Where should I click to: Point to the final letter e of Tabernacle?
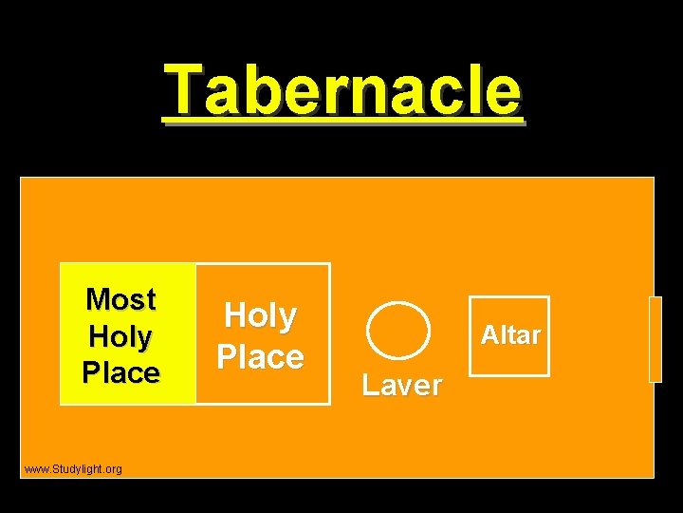[503, 93]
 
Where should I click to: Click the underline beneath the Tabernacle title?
[341, 121]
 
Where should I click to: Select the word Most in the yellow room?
[120, 299]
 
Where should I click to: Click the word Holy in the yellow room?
[120, 336]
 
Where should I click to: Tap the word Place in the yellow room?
[120, 371]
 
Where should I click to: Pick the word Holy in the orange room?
[260, 315]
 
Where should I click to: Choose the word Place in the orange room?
[260, 357]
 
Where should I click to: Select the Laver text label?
[402, 385]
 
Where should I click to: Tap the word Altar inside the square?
[510, 334]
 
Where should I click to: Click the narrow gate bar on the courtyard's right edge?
[655, 339]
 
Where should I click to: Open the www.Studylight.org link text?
[73, 469]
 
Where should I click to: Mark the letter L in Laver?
[370, 385]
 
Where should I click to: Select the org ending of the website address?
[114, 469]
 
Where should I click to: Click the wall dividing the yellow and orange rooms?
[195, 333]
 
